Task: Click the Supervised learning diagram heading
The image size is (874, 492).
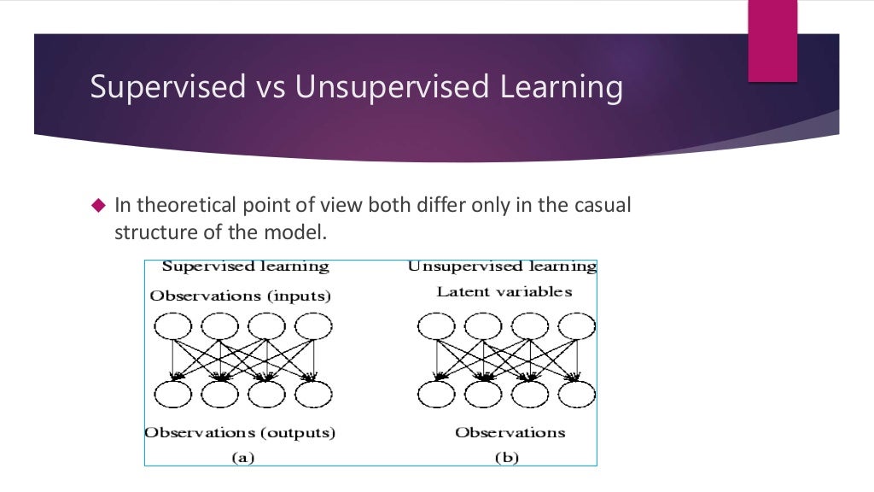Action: point(245,266)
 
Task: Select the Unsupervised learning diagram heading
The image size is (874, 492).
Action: point(502,266)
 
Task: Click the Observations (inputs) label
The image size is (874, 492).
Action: point(240,296)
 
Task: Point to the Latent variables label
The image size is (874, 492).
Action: point(504,292)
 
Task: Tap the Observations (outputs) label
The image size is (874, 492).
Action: point(240,433)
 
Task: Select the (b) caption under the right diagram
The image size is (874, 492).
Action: point(507,457)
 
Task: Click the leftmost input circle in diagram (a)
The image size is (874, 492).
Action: point(173,326)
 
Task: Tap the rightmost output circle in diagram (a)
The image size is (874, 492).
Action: point(312,392)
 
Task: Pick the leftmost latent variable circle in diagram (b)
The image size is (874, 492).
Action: point(436,326)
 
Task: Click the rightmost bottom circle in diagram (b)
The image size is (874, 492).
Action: point(576,392)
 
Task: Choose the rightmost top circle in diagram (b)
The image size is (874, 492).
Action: point(576,326)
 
